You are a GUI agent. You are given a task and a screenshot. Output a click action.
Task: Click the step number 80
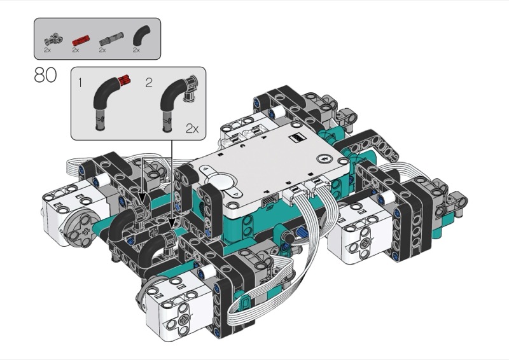[45, 75]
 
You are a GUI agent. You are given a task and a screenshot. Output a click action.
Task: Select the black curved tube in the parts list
[141, 35]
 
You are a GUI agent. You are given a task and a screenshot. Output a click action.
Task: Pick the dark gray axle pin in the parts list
[111, 39]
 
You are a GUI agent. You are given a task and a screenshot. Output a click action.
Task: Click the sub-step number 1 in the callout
[80, 83]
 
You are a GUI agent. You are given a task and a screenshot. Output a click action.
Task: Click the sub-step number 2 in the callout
[149, 83]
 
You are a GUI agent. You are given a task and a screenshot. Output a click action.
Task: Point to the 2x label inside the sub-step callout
[192, 129]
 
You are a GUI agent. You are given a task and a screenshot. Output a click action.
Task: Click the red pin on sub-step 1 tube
[124, 80]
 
